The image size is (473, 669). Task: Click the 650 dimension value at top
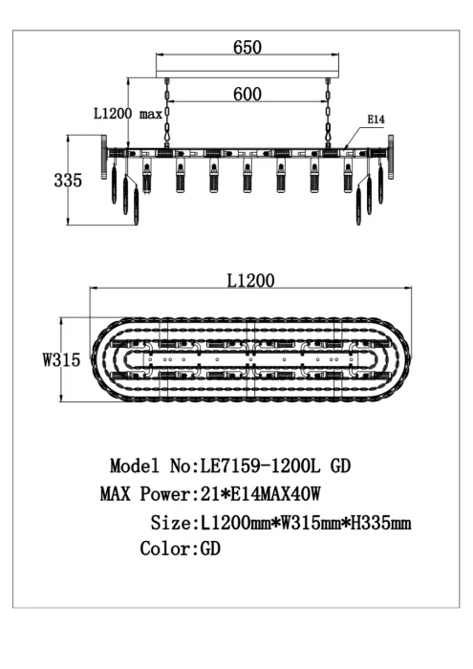click(x=247, y=47)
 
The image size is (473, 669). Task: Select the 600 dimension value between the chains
click(x=247, y=94)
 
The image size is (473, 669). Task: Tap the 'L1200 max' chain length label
click(x=128, y=114)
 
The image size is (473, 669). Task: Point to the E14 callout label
click(x=376, y=119)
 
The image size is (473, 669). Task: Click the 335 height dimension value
click(x=68, y=180)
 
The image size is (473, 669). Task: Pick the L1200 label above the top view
click(x=250, y=280)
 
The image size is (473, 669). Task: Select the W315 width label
click(x=61, y=359)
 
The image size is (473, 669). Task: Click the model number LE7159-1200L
click(x=260, y=465)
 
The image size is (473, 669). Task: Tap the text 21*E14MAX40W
click(x=260, y=494)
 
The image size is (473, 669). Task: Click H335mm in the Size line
click(x=381, y=522)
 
